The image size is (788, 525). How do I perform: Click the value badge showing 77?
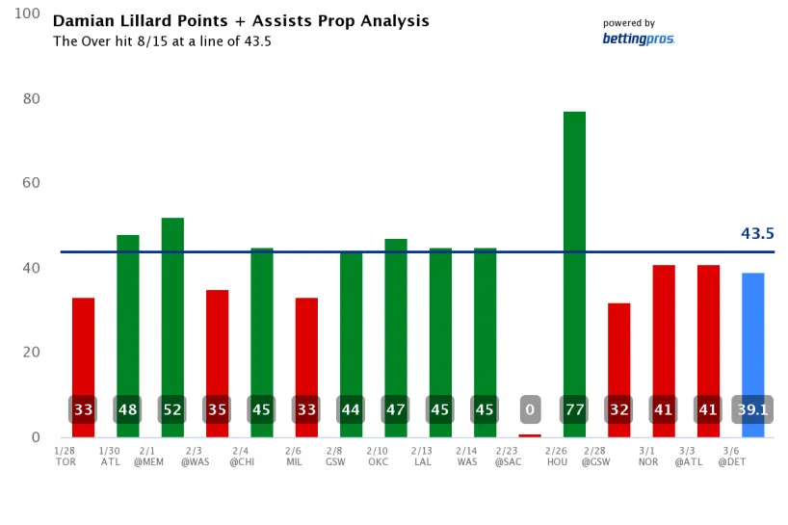[x=574, y=409]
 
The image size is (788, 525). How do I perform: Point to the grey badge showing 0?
[x=530, y=409]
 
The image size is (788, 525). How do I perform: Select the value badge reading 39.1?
[x=752, y=409]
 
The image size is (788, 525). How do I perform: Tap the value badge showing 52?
[x=172, y=409]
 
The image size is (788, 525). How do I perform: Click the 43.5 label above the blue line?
[x=757, y=233]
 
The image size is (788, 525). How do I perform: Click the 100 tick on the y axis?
[x=27, y=14]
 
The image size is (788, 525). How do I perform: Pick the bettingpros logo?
[x=638, y=39]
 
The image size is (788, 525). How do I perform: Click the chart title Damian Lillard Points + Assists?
[x=241, y=20]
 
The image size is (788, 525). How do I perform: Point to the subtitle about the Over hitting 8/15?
[x=161, y=41]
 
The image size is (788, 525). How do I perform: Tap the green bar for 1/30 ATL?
[x=128, y=318]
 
